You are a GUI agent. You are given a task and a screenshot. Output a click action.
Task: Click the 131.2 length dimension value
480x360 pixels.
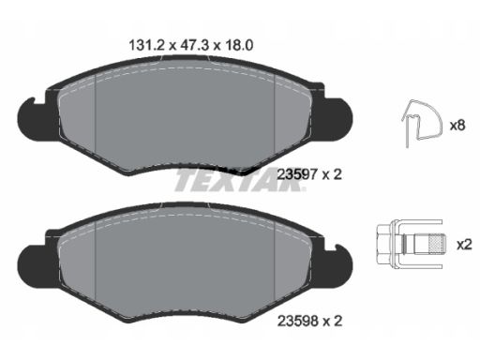point(146,46)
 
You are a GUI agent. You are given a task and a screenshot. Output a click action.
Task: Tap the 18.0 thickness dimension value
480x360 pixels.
point(237,46)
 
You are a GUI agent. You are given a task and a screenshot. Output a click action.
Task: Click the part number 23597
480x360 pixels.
point(297,174)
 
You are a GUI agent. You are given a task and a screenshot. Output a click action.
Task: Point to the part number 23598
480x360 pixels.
point(297,321)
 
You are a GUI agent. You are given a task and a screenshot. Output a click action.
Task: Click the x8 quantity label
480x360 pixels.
point(457,126)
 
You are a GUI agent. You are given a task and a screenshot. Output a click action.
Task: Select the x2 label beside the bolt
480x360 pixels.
point(464,245)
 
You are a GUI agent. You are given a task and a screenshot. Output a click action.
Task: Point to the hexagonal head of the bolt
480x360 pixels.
point(384,244)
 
